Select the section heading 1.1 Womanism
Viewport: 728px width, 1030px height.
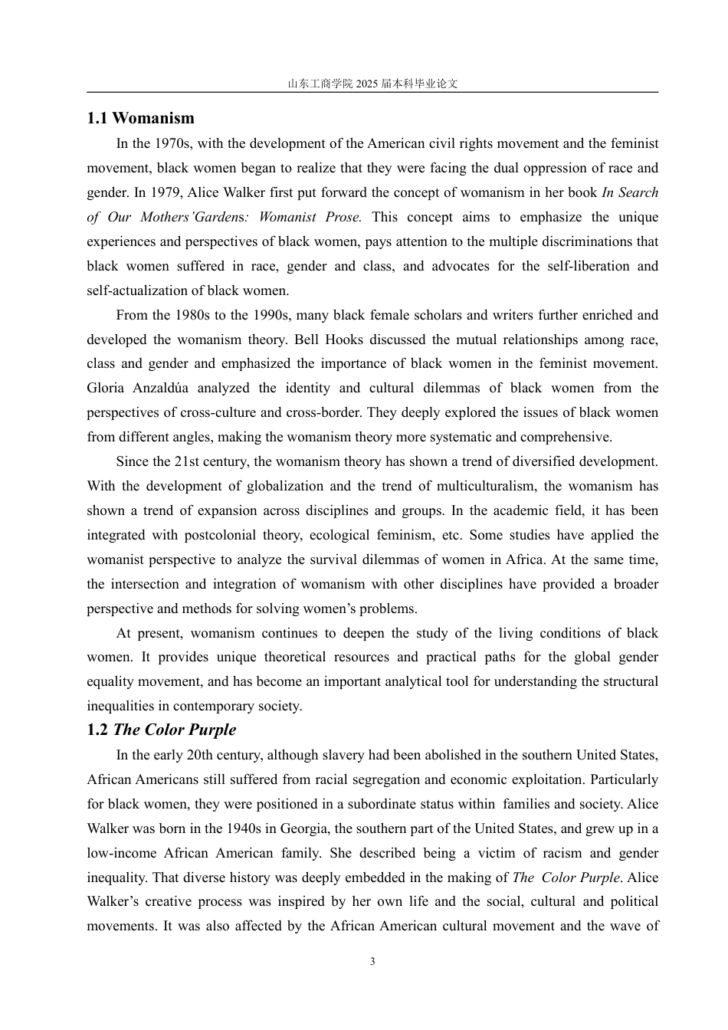click(x=140, y=118)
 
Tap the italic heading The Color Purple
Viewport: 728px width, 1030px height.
click(x=175, y=730)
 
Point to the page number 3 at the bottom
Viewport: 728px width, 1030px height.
click(x=372, y=962)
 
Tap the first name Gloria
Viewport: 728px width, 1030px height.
click(x=108, y=388)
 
